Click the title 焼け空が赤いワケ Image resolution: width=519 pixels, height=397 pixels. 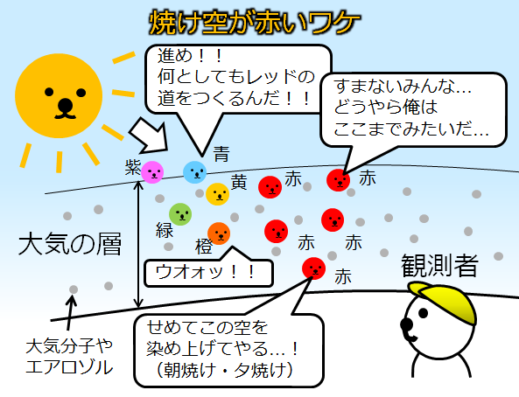click(254, 23)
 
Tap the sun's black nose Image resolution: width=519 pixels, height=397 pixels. click(66, 105)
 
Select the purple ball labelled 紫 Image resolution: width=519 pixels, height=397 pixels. click(152, 172)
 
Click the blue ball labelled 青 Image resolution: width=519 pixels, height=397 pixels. click(195, 172)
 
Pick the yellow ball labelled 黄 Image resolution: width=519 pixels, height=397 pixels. click(217, 194)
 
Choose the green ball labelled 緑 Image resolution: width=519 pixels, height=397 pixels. click(180, 214)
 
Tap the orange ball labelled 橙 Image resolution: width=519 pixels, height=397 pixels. click(219, 233)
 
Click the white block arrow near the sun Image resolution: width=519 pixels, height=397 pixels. click(149, 136)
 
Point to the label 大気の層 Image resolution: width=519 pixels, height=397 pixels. click(70, 244)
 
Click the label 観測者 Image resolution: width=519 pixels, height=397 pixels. click(440, 265)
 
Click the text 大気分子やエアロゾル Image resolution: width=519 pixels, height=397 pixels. click(69, 357)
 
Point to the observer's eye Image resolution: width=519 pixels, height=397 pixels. click(423, 313)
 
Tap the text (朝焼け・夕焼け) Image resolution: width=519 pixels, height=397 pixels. click(225, 371)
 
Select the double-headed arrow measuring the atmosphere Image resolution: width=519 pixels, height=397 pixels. click(138, 244)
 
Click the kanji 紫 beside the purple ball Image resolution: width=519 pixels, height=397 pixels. click(133, 167)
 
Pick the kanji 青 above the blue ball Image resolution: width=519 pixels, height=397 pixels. click(221, 154)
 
